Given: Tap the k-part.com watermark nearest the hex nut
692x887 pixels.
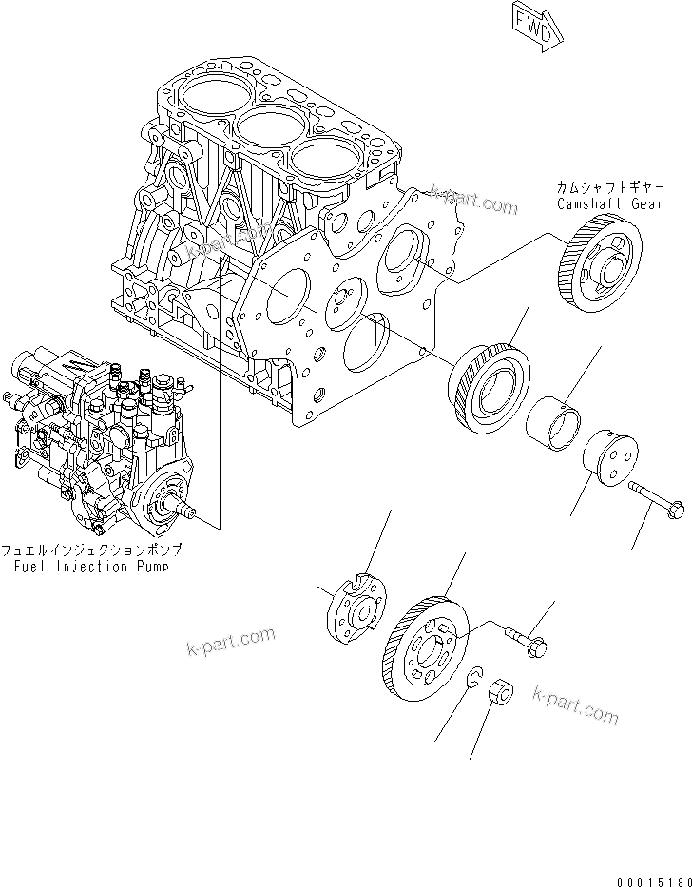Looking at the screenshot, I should coord(574,705).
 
